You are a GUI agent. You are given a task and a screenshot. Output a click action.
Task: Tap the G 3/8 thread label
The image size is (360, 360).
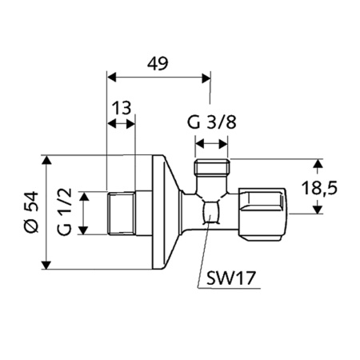(x=212, y=124)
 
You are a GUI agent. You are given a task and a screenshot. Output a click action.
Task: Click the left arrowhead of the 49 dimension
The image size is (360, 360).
(x=112, y=78)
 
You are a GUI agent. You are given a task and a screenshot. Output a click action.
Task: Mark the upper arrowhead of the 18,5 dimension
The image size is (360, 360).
(x=318, y=163)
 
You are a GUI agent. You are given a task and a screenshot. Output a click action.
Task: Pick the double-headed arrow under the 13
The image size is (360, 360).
(x=122, y=124)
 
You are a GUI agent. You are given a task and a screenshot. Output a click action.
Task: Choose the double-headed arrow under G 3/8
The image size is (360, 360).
(x=213, y=146)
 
